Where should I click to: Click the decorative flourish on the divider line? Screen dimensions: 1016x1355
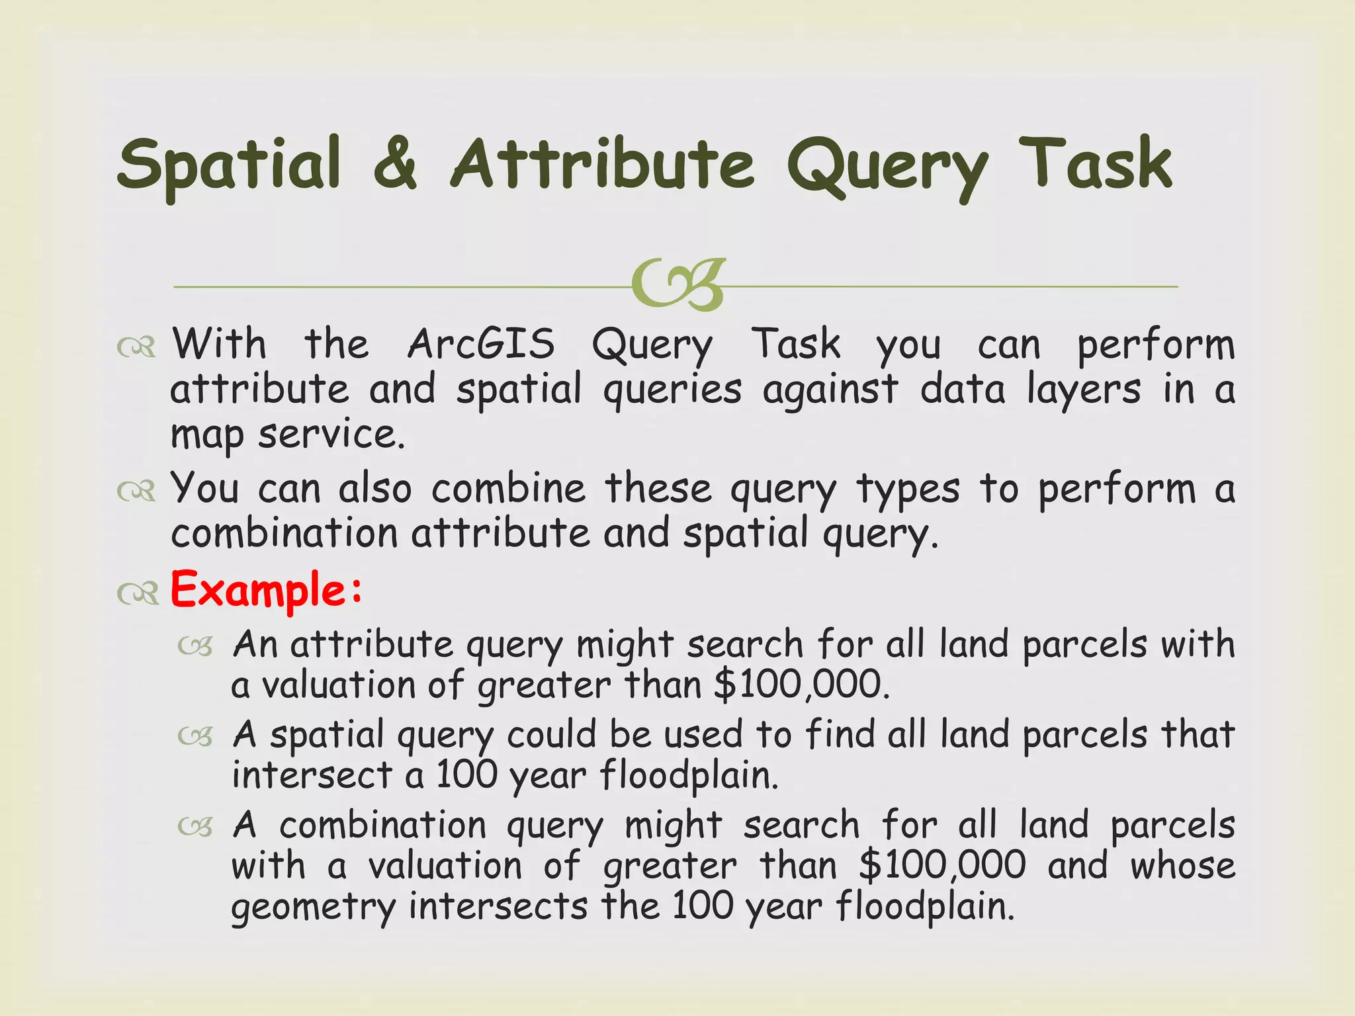[677, 285]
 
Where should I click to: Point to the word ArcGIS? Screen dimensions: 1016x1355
[481, 344]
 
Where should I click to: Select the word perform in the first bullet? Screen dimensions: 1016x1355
[1155, 345]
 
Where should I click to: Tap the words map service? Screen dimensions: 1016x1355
[288, 435]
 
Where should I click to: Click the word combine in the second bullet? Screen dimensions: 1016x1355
[508, 489]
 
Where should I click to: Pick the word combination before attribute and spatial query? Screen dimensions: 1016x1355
[284, 533]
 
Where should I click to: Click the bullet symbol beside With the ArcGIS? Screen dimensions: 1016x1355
[137, 347]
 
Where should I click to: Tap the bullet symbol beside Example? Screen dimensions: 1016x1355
[138, 594]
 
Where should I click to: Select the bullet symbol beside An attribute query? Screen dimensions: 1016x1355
[195, 646]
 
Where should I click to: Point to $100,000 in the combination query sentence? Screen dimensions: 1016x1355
[942, 865]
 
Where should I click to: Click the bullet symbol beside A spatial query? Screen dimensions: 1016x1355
[195, 736]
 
